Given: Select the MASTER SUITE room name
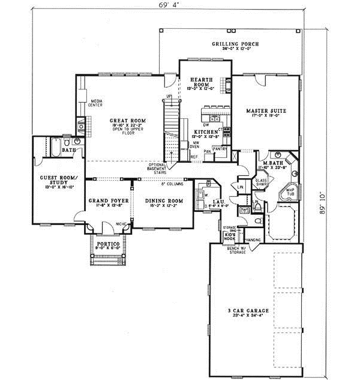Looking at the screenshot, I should (266, 111).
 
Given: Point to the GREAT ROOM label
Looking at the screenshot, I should (124, 121).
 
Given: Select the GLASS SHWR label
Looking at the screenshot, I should (262, 182).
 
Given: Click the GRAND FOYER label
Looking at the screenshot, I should (106, 201).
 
